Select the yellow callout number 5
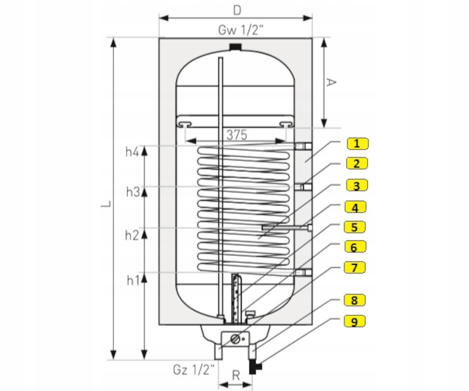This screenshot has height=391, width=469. (355, 227)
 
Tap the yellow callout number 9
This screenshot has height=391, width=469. (354, 321)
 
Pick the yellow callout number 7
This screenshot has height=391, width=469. (355, 267)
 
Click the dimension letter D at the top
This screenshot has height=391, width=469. (237, 10)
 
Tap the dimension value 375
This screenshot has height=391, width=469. (237, 135)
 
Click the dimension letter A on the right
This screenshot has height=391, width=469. (331, 83)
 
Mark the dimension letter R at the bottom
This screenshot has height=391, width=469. (236, 376)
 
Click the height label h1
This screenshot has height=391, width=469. (132, 280)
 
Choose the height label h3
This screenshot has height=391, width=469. (132, 192)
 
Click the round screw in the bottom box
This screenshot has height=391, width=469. (235, 339)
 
